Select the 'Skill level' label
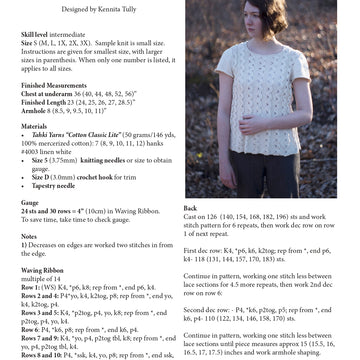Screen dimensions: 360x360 35,34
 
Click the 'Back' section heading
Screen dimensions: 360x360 190,208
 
